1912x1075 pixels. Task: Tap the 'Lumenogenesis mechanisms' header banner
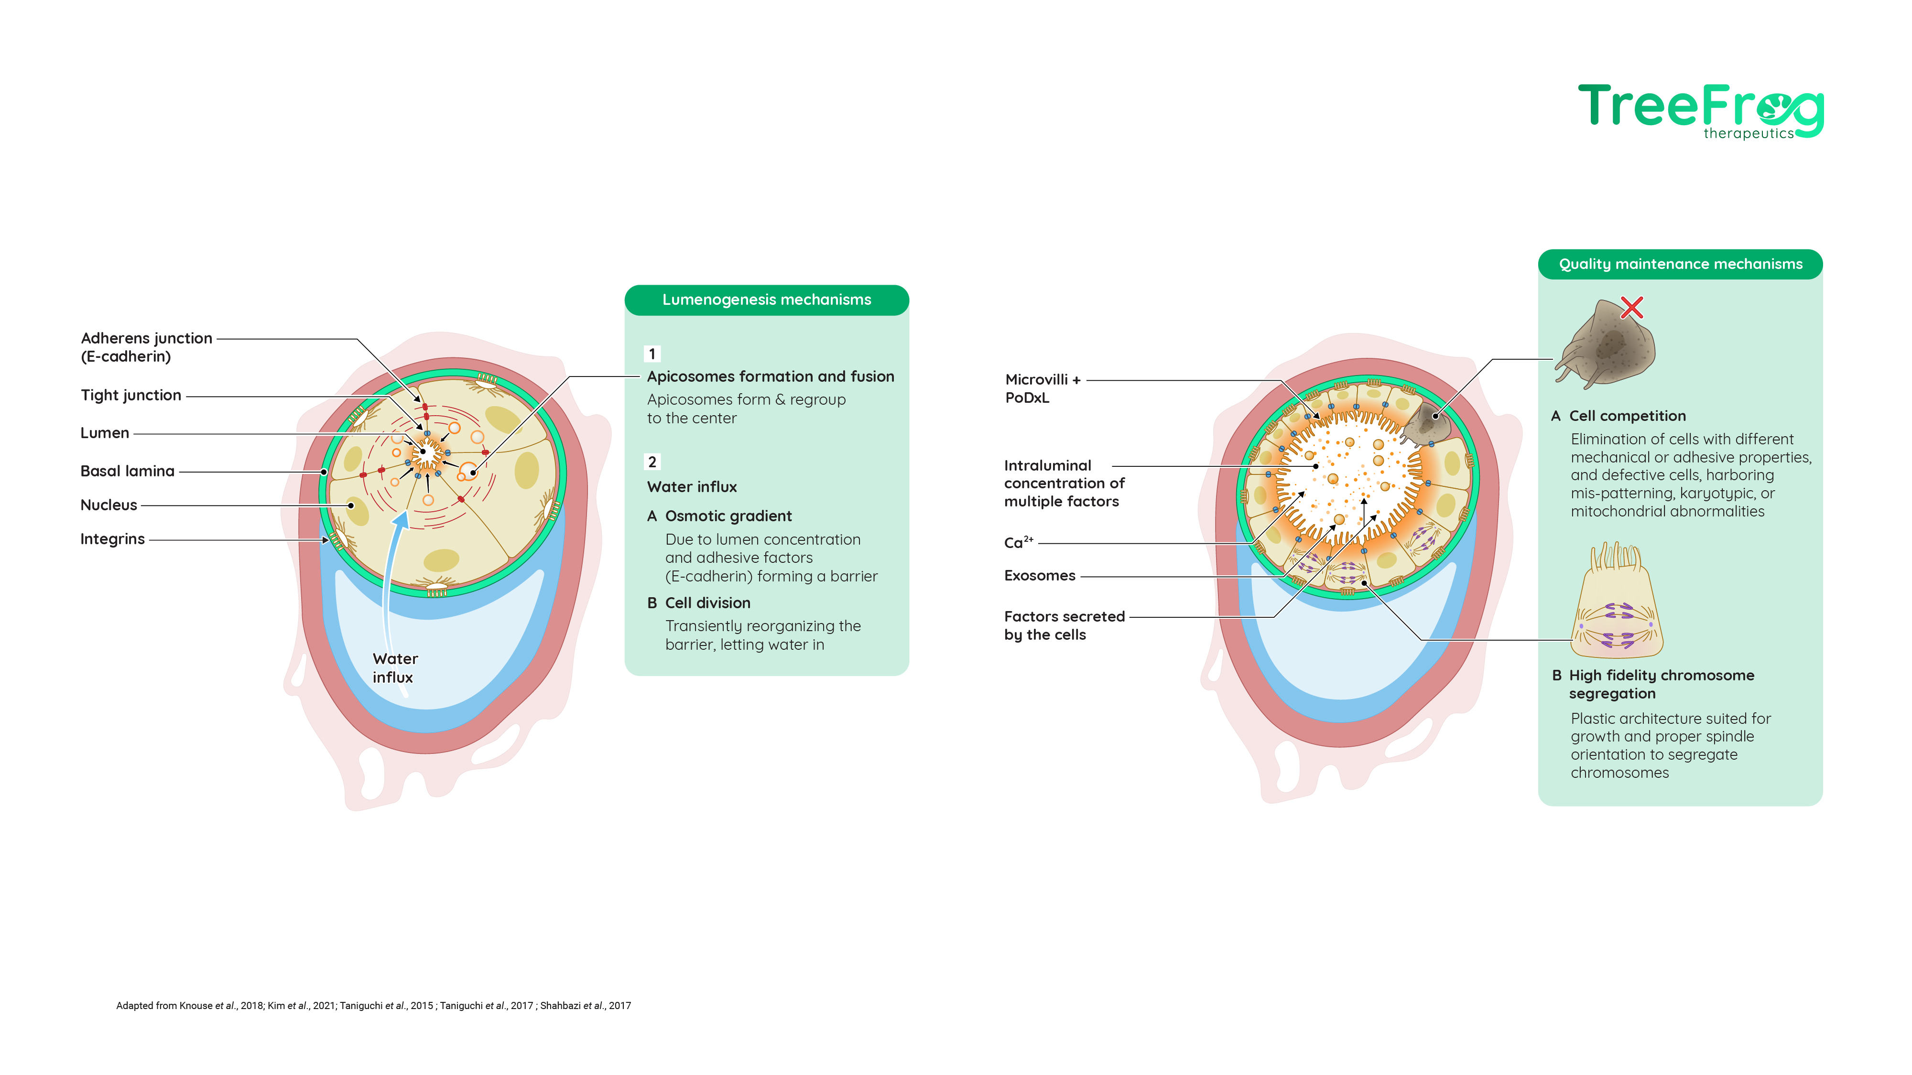(x=767, y=300)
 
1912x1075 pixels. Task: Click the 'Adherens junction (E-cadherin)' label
(x=146, y=347)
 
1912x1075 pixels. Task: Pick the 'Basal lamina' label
(x=127, y=471)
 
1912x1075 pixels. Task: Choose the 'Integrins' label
(x=112, y=539)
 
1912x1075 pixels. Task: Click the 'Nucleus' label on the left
(x=109, y=505)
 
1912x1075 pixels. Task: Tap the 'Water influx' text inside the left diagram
(x=395, y=668)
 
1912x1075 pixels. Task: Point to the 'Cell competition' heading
(x=1627, y=416)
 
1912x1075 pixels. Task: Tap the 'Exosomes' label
(x=1039, y=576)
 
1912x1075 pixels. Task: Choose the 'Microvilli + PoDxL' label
(x=1042, y=388)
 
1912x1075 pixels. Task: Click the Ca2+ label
(x=1018, y=542)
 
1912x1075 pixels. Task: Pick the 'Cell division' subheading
(x=707, y=603)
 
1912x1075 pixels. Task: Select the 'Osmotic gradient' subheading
(x=728, y=516)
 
